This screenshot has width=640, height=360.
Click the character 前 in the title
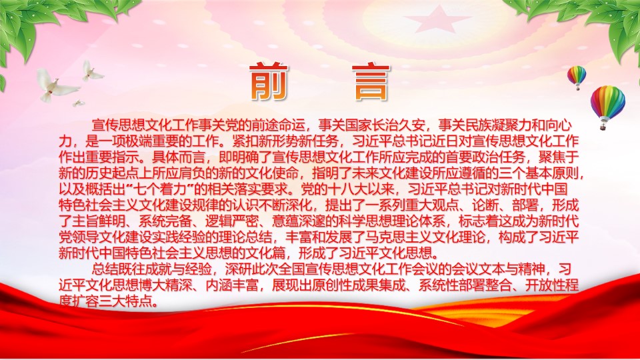click(x=269, y=81)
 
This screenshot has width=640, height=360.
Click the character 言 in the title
click(x=371, y=81)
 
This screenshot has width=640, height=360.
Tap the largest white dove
click(x=56, y=85)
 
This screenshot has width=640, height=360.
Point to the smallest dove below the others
click(x=78, y=103)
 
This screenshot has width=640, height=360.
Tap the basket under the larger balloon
click(x=603, y=127)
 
